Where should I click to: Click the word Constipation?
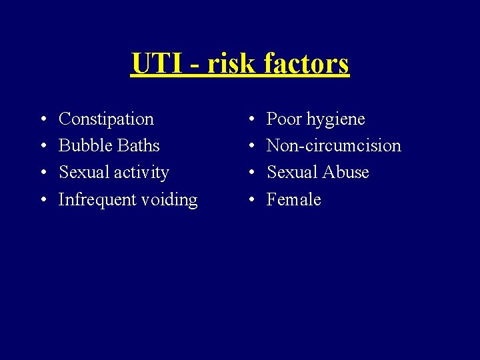click(x=106, y=119)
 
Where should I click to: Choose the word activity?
click(x=141, y=173)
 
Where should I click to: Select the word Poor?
click(x=285, y=119)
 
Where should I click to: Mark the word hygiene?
click(x=336, y=120)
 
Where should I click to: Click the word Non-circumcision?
click(x=333, y=145)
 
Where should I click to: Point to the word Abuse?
click(x=345, y=172)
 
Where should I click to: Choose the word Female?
click(x=293, y=199)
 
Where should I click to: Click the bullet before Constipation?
click(x=42, y=120)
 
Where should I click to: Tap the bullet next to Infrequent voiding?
click(x=42, y=200)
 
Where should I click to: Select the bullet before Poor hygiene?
click(x=250, y=120)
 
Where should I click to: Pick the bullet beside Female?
click(x=250, y=200)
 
